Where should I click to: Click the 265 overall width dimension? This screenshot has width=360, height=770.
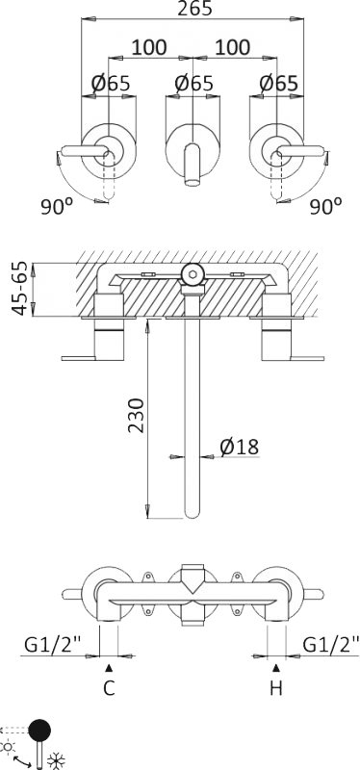(x=194, y=9)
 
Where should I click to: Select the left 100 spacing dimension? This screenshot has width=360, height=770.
(x=149, y=47)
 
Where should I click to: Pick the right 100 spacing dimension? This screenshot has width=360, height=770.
(x=233, y=47)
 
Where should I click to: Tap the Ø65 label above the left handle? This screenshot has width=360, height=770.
(x=111, y=84)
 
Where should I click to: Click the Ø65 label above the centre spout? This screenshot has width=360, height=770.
(x=194, y=84)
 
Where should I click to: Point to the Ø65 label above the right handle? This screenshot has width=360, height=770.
(x=278, y=84)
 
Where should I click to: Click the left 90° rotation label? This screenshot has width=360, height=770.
(x=57, y=207)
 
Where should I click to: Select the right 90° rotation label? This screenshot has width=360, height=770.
(x=326, y=207)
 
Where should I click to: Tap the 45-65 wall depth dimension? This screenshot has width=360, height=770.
(x=20, y=290)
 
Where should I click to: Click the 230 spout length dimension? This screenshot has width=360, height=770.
(x=136, y=415)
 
